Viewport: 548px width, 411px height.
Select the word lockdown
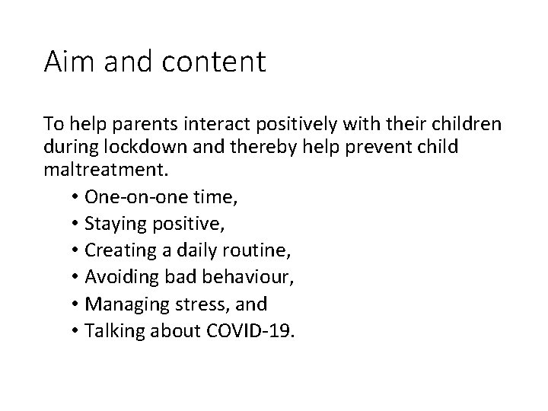tap(141, 146)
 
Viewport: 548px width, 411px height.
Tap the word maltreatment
tap(99, 168)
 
